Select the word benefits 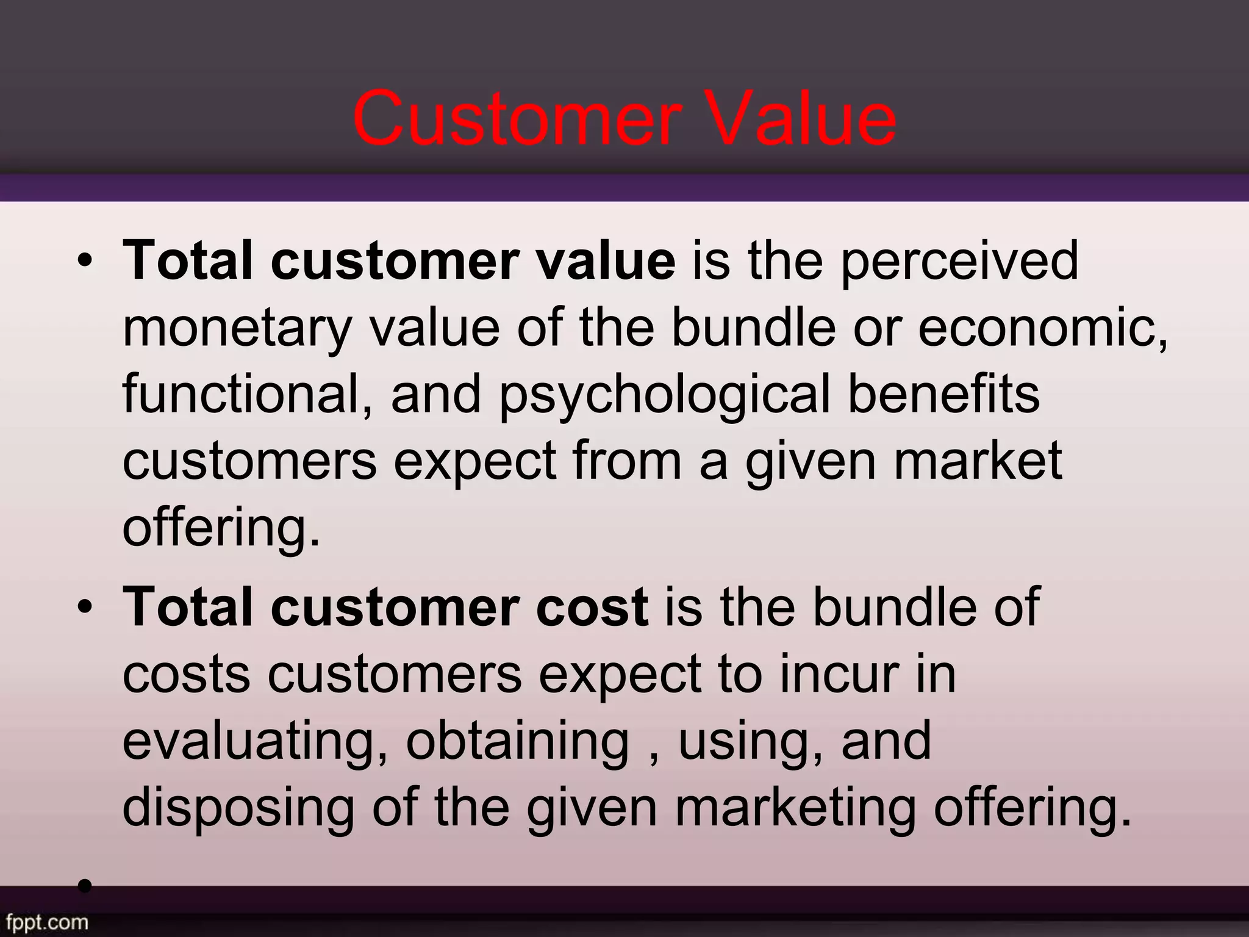pos(943,393)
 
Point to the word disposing pos(238,808)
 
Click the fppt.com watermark pos(45,921)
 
